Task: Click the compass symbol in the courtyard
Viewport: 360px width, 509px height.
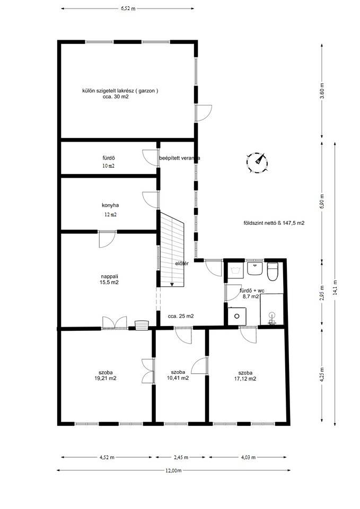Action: tap(257, 162)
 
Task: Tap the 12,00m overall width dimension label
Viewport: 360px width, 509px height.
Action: tap(173, 470)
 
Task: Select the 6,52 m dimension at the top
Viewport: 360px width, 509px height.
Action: tap(128, 9)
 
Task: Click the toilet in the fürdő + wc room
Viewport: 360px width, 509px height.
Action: tap(273, 272)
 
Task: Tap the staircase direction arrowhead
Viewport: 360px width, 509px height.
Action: tap(172, 284)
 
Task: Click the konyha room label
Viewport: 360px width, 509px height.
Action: tap(110, 205)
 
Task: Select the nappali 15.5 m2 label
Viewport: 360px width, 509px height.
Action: tap(109, 279)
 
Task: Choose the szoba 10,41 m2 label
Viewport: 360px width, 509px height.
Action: tap(178, 375)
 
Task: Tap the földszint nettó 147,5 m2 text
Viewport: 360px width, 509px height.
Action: tap(274, 223)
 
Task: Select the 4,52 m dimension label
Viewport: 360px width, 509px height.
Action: tap(107, 458)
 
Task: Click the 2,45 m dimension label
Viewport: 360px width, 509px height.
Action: tap(181, 458)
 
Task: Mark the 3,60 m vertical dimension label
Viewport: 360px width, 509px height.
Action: tap(322, 91)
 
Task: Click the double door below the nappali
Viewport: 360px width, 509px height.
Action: tap(115, 323)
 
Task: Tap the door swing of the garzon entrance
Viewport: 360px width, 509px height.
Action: tap(204, 113)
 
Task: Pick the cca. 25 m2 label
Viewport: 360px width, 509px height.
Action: tap(181, 316)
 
